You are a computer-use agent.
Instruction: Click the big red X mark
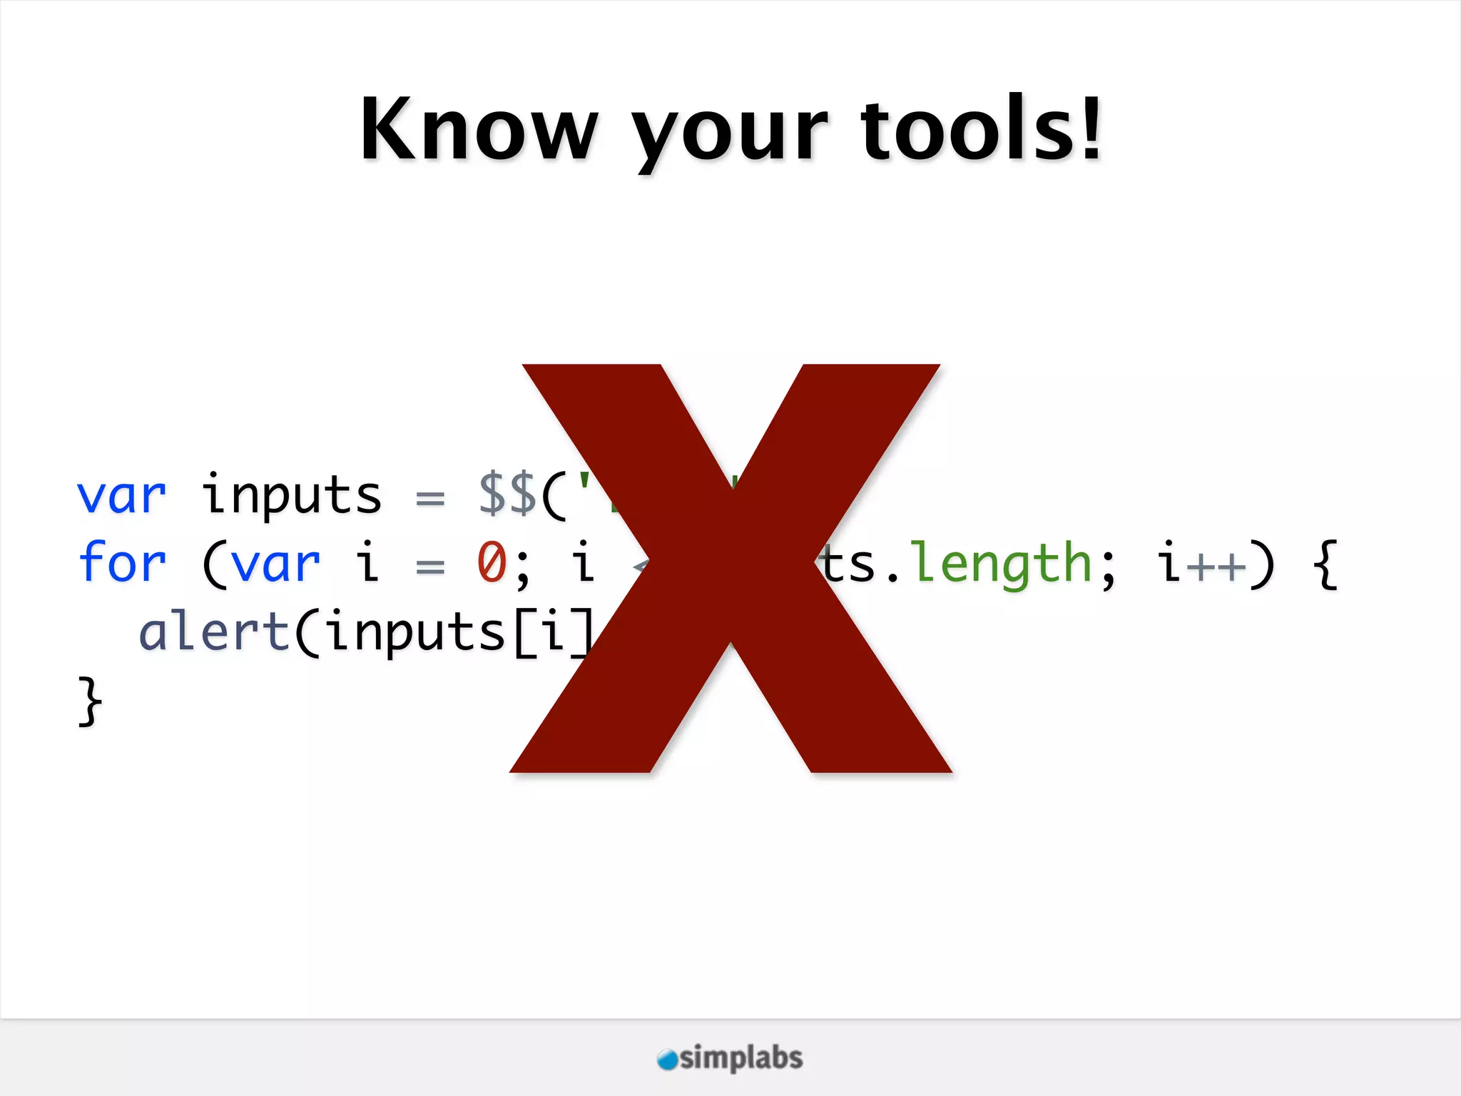pyautogui.click(x=730, y=567)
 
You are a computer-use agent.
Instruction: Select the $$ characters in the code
pyautogui.click(x=507, y=494)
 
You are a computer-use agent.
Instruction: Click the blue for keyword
pyautogui.click(x=122, y=563)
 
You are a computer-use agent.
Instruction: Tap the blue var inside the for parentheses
pyautogui.click(x=275, y=564)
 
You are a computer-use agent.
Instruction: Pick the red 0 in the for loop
pyautogui.click(x=492, y=563)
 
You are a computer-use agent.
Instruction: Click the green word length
pyautogui.click(x=1003, y=564)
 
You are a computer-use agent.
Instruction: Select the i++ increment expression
pyautogui.click(x=1202, y=563)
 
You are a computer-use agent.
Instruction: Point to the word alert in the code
pyautogui.click(x=214, y=632)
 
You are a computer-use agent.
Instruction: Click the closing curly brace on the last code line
pyautogui.click(x=90, y=701)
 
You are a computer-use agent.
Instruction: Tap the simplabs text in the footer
pyautogui.click(x=741, y=1057)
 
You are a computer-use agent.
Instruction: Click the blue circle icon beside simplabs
pyautogui.click(x=668, y=1060)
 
